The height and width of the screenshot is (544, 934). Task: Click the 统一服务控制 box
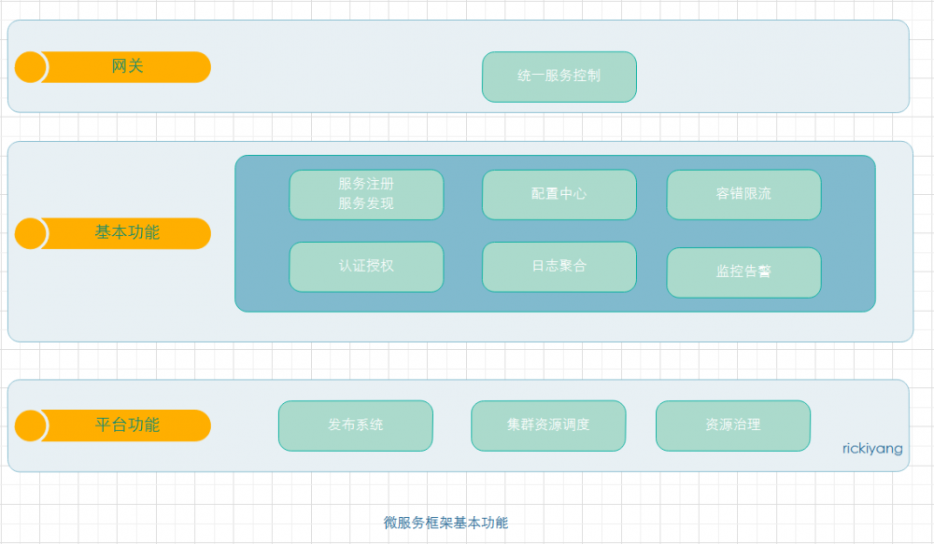pyautogui.click(x=559, y=77)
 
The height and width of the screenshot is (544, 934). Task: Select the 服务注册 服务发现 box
pyautogui.click(x=366, y=194)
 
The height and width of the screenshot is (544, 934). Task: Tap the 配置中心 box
pyautogui.click(x=559, y=194)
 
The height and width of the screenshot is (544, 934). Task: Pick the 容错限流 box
pyautogui.click(x=743, y=194)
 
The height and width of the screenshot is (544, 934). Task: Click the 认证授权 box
pyautogui.click(x=366, y=266)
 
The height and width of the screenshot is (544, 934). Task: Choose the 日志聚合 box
pyautogui.click(x=559, y=266)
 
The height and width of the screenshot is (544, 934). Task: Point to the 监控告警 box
pyautogui.click(x=743, y=272)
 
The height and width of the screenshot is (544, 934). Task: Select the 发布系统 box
pyautogui.click(x=355, y=425)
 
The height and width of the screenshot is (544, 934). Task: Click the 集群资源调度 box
pyautogui.click(x=548, y=425)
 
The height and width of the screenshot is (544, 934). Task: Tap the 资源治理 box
pyautogui.click(x=732, y=425)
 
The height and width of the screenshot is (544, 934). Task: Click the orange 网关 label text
pyautogui.click(x=128, y=66)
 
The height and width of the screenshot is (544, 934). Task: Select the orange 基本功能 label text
pyautogui.click(x=128, y=232)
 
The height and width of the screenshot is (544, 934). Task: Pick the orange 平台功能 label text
pyautogui.click(x=128, y=425)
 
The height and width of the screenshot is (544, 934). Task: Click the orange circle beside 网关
pyautogui.click(x=31, y=67)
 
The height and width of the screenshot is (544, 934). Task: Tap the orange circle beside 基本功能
pyautogui.click(x=31, y=233)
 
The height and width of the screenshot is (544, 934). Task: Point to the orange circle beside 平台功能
pyautogui.click(x=31, y=425)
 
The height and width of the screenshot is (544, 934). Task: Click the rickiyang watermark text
pyautogui.click(x=871, y=449)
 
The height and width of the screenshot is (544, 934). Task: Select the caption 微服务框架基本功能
pyautogui.click(x=446, y=523)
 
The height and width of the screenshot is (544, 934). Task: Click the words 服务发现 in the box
pyautogui.click(x=366, y=203)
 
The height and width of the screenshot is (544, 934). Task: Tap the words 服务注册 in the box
pyautogui.click(x=366, y=185)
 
